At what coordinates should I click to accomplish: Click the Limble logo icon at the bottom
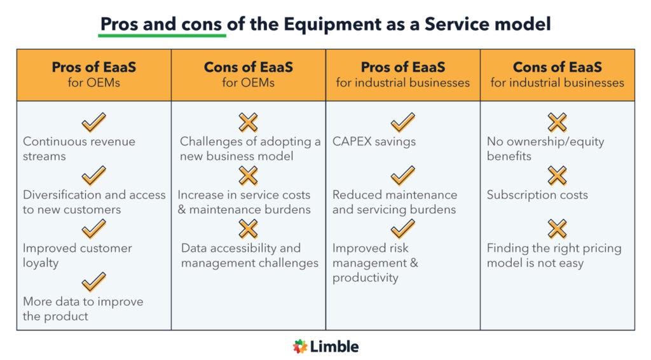coord(300,347)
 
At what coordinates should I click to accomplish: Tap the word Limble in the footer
coord(334,347)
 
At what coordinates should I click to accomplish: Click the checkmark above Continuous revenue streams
coord(93,122)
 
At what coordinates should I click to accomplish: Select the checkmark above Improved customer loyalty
coord(93,228)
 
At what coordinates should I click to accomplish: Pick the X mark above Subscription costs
coord(557,176)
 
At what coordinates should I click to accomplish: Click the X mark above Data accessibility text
coord(248,228)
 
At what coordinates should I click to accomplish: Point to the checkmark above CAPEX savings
coord(402,122)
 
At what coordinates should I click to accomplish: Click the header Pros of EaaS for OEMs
coord(93,74)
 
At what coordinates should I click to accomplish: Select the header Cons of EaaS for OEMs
coord(248,74)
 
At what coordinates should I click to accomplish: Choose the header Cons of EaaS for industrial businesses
coord(557,74)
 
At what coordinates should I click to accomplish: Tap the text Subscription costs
coord(537,195)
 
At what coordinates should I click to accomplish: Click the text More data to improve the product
coord(83,308)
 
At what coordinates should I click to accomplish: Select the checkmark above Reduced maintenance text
coord(402,176)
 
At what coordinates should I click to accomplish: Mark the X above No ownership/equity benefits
coord(557,122)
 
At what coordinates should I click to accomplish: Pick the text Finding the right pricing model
coord(554,255)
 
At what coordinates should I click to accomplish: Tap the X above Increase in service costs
coord(248,176)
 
